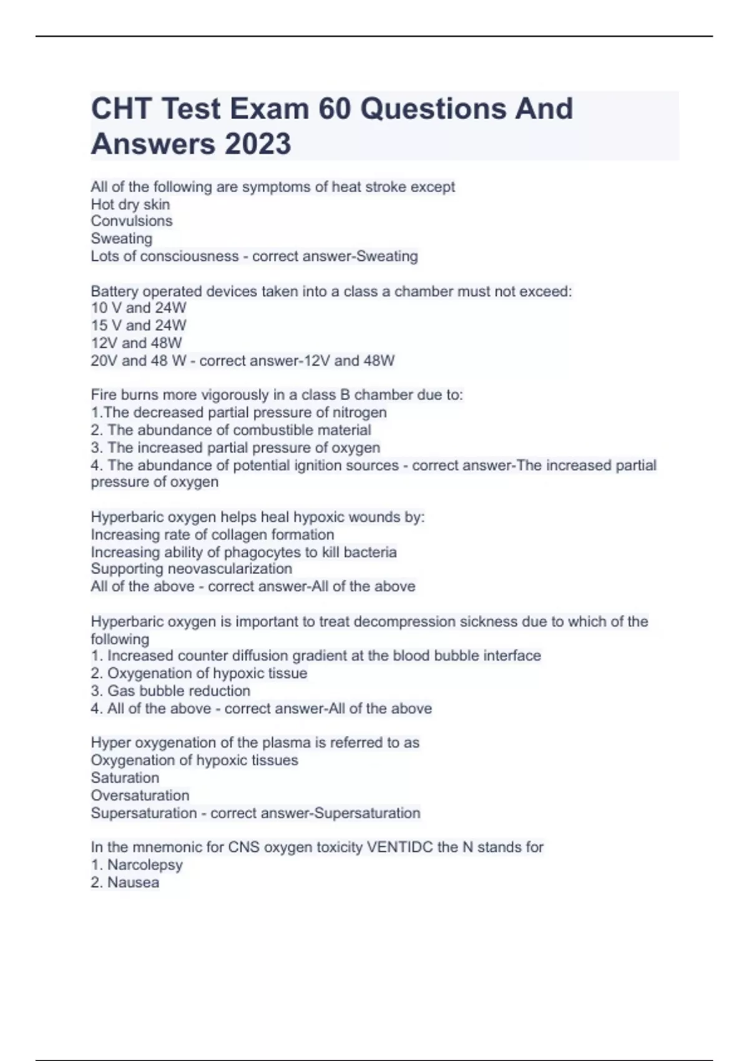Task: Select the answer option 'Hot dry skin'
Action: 130,204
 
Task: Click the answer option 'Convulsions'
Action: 131,221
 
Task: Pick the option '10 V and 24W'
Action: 138,308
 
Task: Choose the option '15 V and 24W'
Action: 138,325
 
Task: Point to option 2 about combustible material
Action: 231,430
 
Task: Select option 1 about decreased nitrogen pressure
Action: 238,413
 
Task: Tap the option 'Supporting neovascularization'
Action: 191,569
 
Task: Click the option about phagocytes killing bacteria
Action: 243,552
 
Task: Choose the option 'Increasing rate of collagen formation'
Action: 212,535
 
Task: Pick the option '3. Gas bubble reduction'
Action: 170,691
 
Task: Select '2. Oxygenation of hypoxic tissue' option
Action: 198,673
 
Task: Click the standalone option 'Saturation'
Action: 125,778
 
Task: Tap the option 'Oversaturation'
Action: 140,795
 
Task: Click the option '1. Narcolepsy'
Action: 137,865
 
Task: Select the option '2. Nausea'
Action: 125,883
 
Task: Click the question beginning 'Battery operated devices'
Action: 331,291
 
